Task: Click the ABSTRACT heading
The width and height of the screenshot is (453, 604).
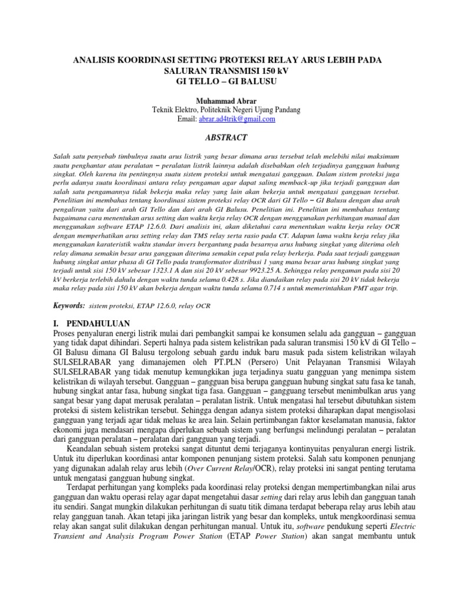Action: [226, 137]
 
